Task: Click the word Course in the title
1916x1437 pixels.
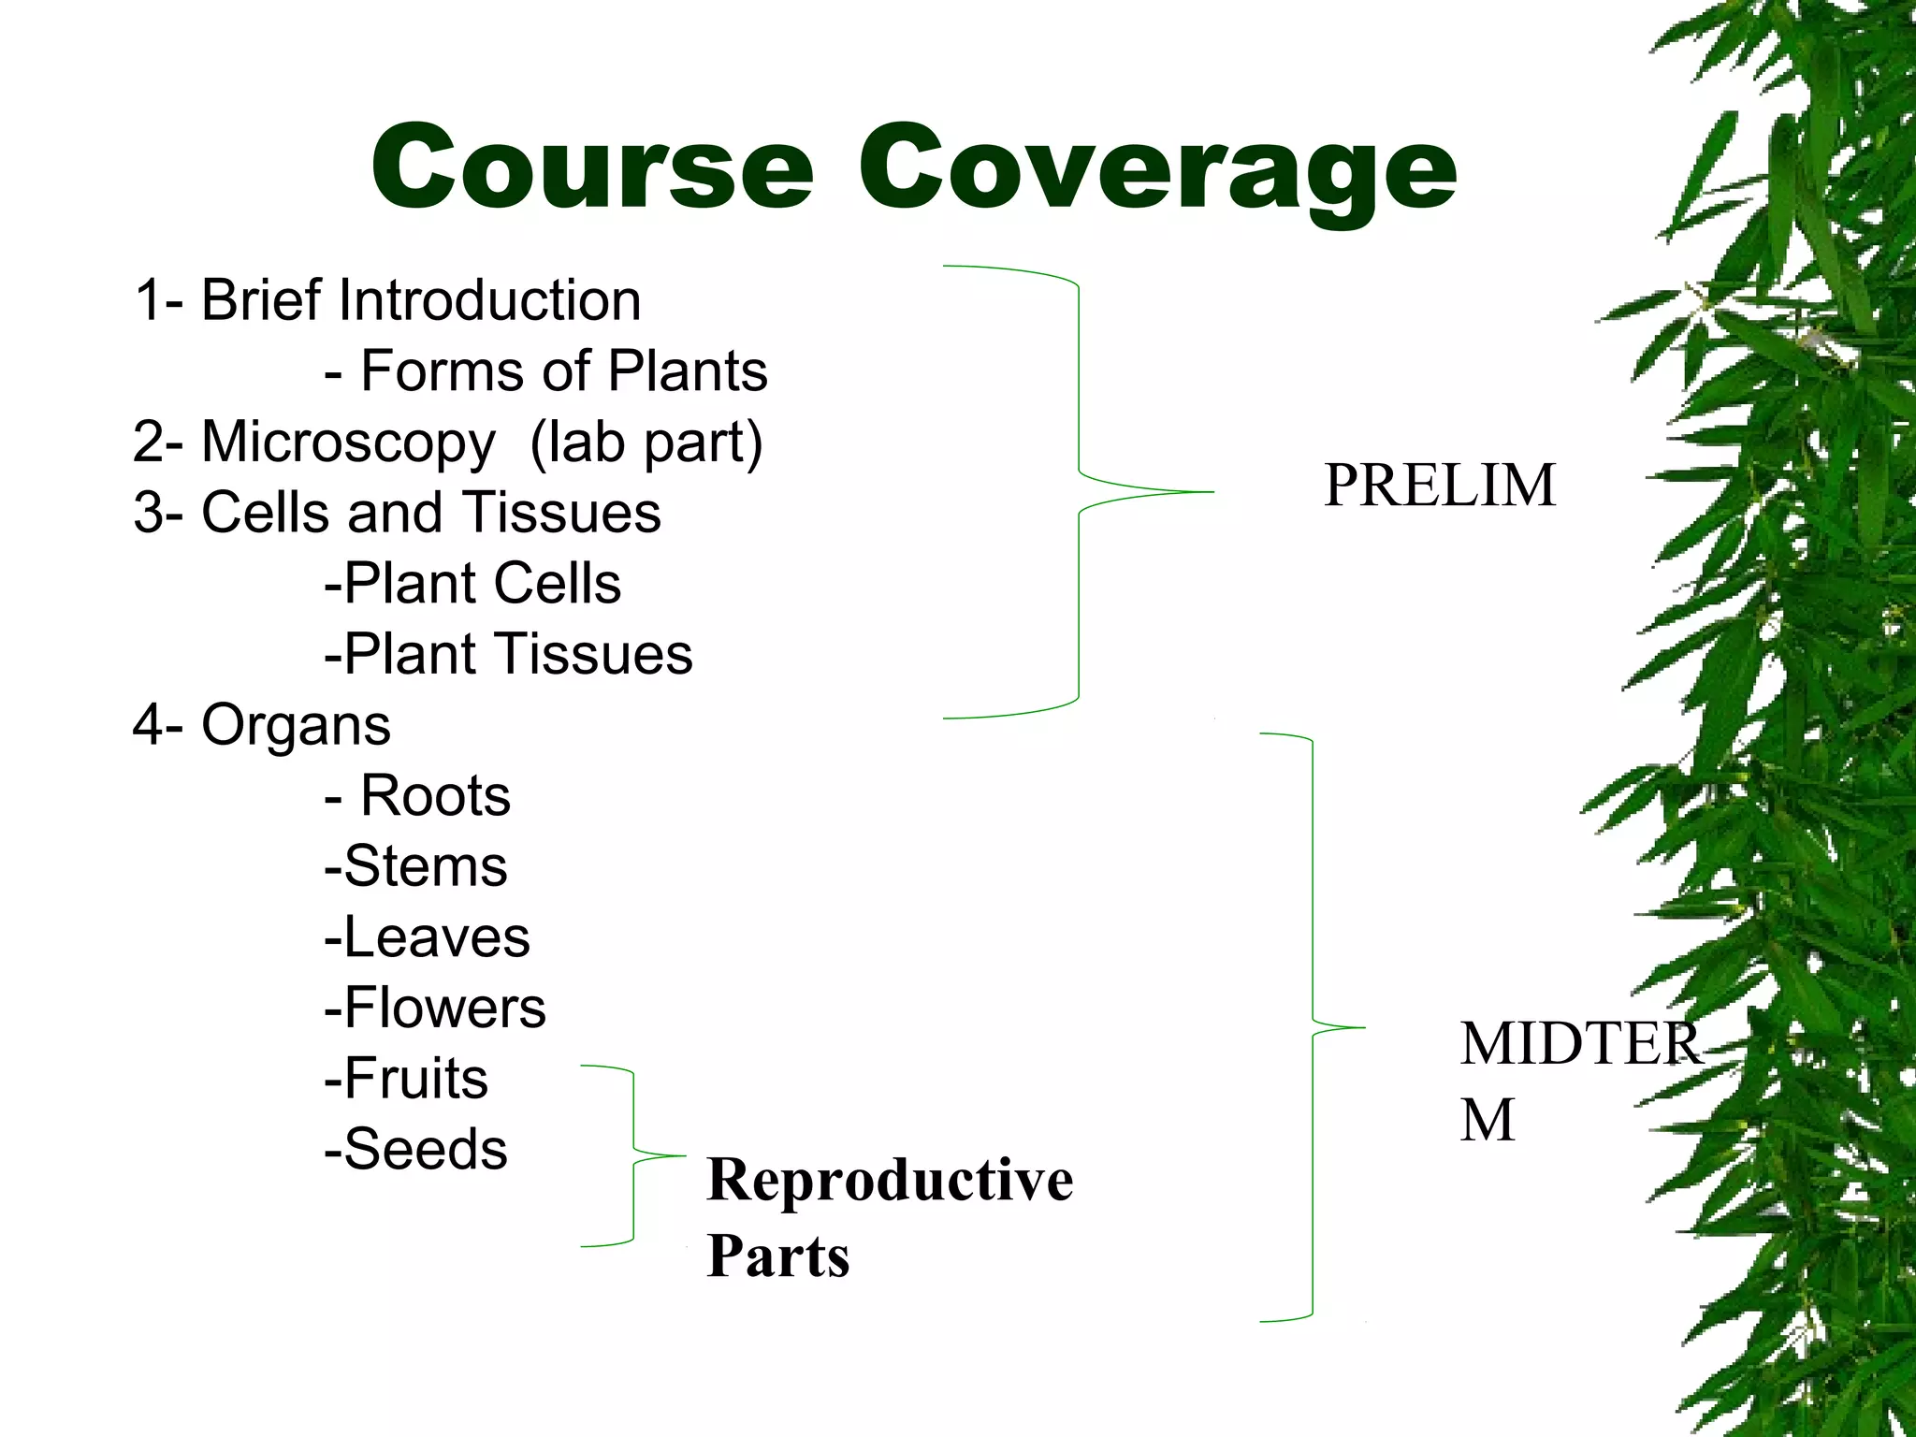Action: click(x=592, y=168)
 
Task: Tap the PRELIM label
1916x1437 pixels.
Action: click(x=1439, y=486)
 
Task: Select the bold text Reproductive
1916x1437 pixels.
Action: click(x=890, y=1180)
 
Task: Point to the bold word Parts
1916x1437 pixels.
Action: click(x=778, y=1256)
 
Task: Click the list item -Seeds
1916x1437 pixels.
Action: click(x=415, y=1149)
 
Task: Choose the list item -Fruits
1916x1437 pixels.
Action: click(x=406, y=1078)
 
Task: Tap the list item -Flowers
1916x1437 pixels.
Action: click(x=435, y=1008)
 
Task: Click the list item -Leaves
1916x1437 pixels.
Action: click(x=427, y=937)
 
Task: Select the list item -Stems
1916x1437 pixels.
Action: click(x=415, y=866)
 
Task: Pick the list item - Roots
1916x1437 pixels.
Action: click(x=417, y=796)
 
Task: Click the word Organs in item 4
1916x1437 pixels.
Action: click(x=296, y=726)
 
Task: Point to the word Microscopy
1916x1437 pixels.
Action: click(x=348, y=442)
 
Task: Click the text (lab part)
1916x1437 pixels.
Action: click(x=646, y=442)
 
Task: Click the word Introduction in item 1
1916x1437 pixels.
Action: click(x=489, y=300)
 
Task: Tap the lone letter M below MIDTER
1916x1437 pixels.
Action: click(x=1487, y=1120)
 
